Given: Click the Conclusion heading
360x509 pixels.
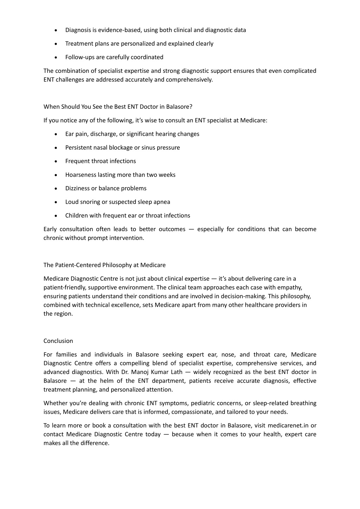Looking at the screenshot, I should tap(58, 341).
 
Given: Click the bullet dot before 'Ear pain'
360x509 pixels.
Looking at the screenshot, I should tap(56, 134).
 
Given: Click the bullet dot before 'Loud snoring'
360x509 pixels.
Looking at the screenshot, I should tap(56, 202).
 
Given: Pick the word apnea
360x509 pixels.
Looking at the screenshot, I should tap(162, 202).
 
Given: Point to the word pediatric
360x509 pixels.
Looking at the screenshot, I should tap(205, 403).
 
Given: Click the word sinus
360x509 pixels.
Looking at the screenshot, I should tap(148, 148).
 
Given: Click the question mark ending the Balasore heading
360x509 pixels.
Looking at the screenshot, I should tap(191, 107).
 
